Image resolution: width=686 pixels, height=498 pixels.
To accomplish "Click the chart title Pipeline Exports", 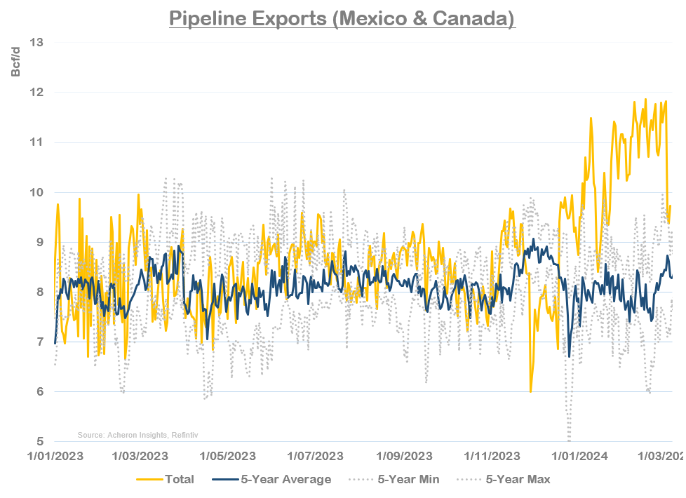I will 342,18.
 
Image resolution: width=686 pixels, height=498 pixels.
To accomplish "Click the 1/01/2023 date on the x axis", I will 55,455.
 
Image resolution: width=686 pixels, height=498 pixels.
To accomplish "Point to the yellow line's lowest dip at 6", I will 530,391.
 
